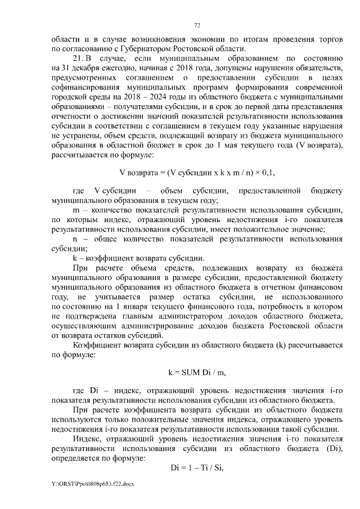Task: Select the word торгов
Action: coord(326,39)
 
